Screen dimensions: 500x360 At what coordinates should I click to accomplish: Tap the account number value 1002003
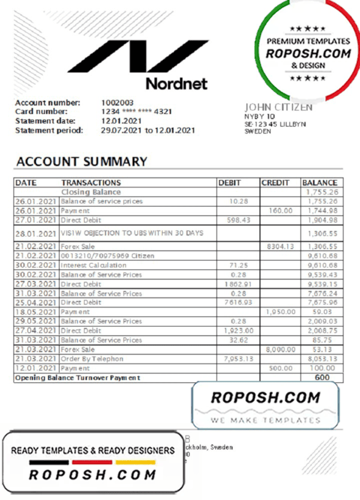(x=117, y=102)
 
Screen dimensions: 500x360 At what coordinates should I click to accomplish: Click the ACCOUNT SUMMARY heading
(x=82, y=161)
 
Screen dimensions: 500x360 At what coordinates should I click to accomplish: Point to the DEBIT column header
(x=230, y=182)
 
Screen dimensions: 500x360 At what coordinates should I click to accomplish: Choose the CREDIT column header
(x=275, y=182)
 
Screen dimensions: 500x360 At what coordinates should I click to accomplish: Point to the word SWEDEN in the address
(x=258, y=131)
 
